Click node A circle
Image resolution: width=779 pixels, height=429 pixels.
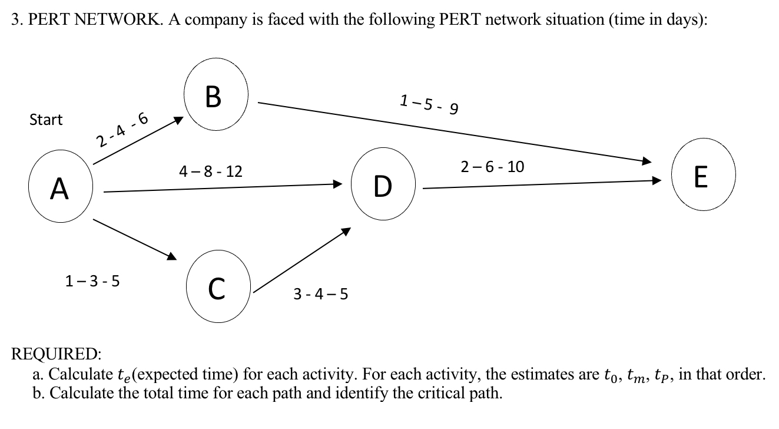58,188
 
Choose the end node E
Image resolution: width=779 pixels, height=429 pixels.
701,176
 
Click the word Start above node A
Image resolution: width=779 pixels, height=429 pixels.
46,120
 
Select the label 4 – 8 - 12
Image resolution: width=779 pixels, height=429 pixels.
210,171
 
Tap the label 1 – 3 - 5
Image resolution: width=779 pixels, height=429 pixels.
92,280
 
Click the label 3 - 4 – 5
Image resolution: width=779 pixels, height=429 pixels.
320,293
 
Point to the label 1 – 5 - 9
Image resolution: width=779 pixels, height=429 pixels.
429,104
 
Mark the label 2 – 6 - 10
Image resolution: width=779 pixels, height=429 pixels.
492,167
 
